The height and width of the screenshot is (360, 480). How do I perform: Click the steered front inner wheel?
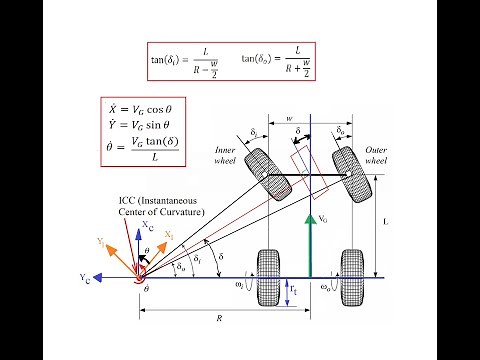tap(263, 170)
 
